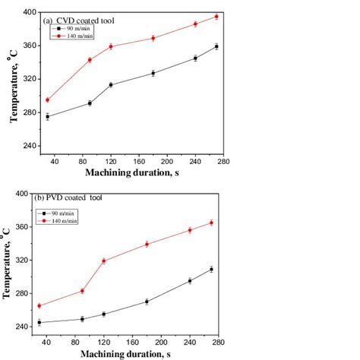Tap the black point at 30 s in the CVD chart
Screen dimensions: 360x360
48,116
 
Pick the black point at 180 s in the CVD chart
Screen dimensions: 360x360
153,73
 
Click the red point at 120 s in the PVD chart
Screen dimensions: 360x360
104,261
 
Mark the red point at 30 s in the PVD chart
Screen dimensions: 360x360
39,305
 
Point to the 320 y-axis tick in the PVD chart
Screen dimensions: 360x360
21,260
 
